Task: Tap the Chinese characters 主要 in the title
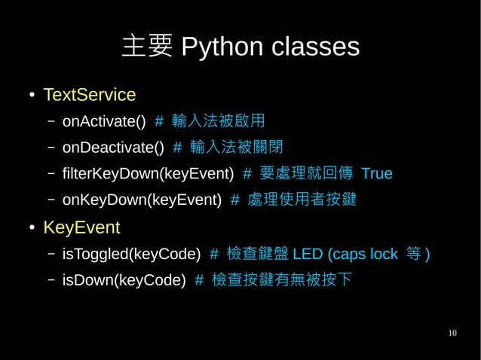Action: [148, 47]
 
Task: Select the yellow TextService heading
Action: [89, 95]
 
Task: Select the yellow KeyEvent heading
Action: [81, 227]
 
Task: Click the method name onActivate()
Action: [103, 121]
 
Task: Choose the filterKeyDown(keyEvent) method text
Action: [148, 174]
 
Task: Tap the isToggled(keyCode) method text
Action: [131, 254]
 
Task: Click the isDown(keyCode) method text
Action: [124, 280]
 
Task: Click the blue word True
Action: [377, 174]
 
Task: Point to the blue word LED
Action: [308, 254]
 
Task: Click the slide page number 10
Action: [452, 333]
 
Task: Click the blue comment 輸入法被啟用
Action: [218, 121]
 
